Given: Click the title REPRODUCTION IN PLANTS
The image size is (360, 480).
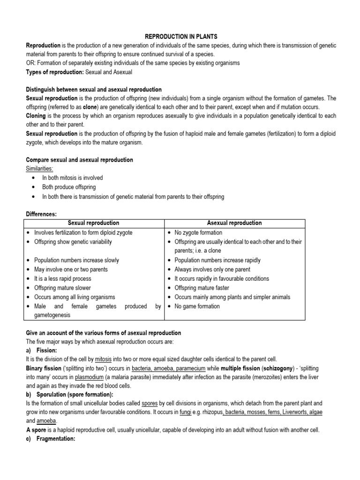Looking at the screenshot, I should [180, 37].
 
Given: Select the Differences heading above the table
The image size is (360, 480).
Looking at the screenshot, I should [41, 214].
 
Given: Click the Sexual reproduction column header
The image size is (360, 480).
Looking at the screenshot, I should [94, 223].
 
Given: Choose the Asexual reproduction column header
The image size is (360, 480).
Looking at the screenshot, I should [234, 223].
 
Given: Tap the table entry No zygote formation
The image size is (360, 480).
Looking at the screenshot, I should [198, 232].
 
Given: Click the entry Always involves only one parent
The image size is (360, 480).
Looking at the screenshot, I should [212, 270].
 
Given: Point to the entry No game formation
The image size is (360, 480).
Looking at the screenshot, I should [197, 306].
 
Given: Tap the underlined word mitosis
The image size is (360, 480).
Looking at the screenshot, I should [103, 360].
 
